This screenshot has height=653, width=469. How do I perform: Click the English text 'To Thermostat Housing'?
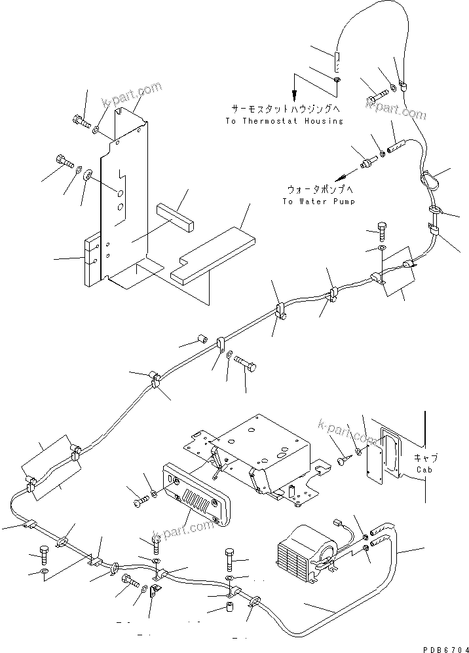tap(284, 121)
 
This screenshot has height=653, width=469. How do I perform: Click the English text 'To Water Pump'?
tap(318, 202)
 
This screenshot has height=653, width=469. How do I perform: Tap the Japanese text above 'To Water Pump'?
tap(318, 190)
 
